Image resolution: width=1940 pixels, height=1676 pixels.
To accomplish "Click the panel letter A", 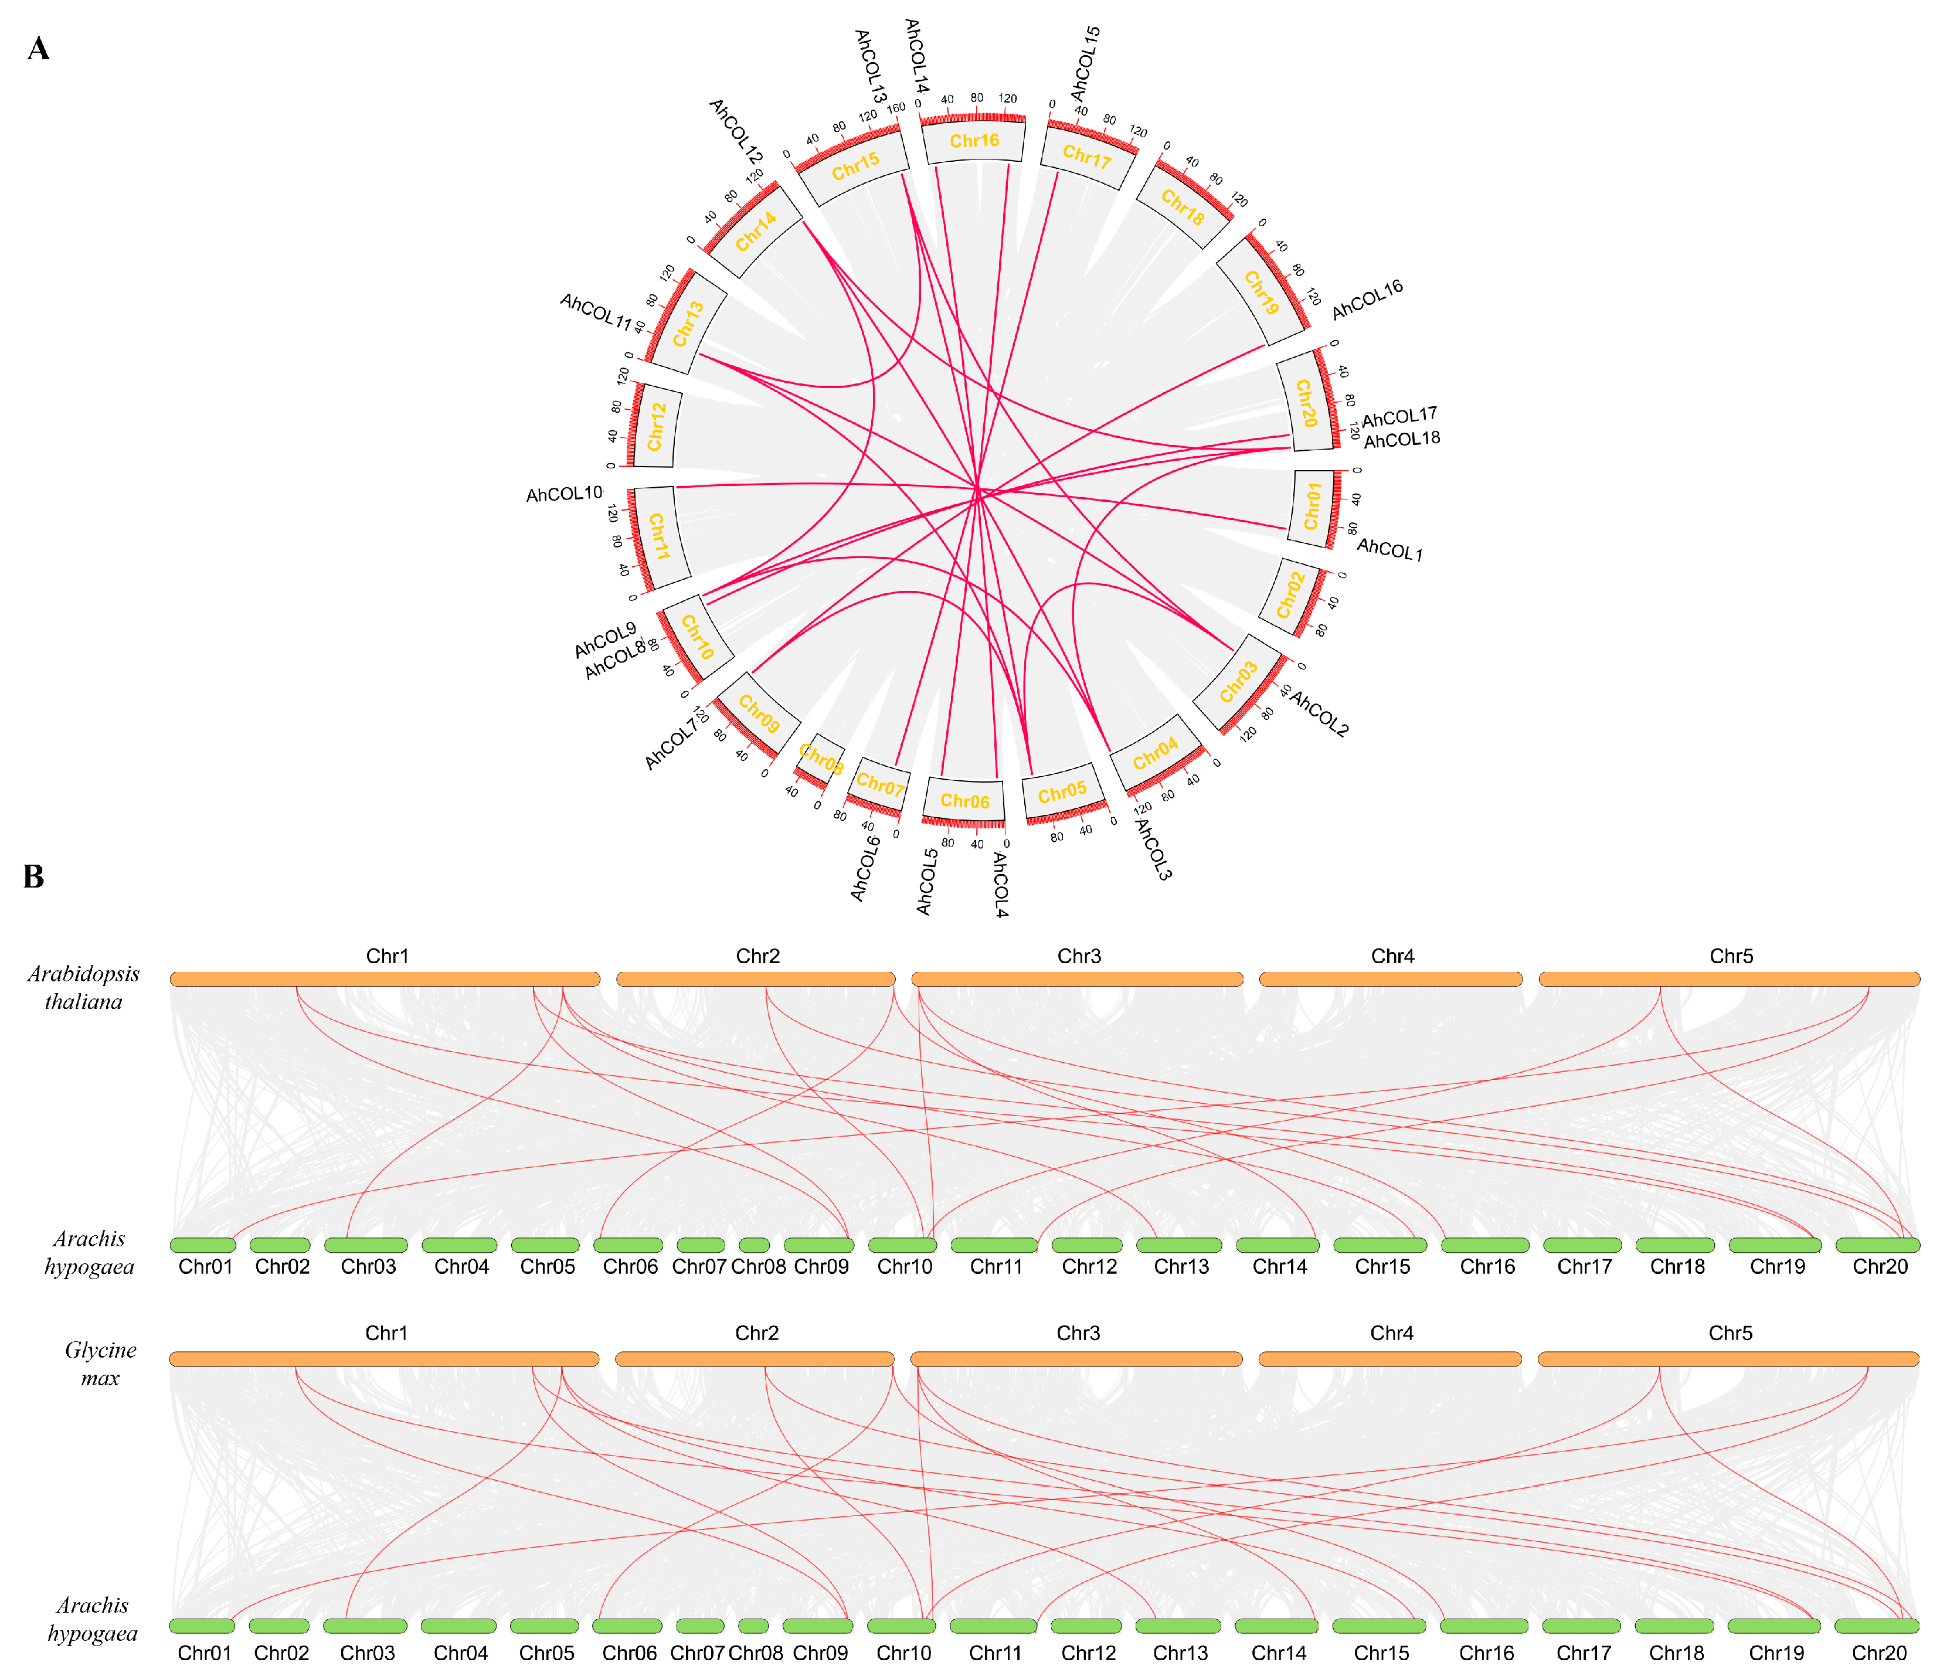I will click(38, 49).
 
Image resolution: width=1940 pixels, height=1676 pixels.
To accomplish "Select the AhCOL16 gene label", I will click(1367, 300).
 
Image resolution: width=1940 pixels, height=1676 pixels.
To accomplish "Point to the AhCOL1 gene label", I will click(1389, 550).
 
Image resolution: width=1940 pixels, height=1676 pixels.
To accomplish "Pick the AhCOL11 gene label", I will click(596, 311).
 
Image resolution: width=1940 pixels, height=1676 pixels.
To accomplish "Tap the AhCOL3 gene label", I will click(1153, 849).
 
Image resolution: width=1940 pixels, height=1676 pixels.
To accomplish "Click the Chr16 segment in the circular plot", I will click(974, 141).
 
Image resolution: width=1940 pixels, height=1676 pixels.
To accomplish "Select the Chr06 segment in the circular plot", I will click(964, 801).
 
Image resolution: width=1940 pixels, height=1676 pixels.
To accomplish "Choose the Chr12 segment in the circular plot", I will click(657, 426).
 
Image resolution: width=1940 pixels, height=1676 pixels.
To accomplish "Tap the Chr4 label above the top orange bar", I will click(1392, 956).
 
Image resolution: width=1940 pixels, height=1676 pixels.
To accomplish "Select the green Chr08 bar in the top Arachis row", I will click(754, 1245).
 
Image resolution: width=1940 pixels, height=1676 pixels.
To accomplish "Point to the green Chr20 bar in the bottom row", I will click(1876, 1626).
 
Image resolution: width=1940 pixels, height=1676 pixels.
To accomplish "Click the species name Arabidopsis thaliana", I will click(83, 988).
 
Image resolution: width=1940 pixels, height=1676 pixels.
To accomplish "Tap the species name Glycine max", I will click(100, 1364).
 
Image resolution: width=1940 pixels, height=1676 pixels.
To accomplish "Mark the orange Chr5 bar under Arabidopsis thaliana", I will click(1728, 980).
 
